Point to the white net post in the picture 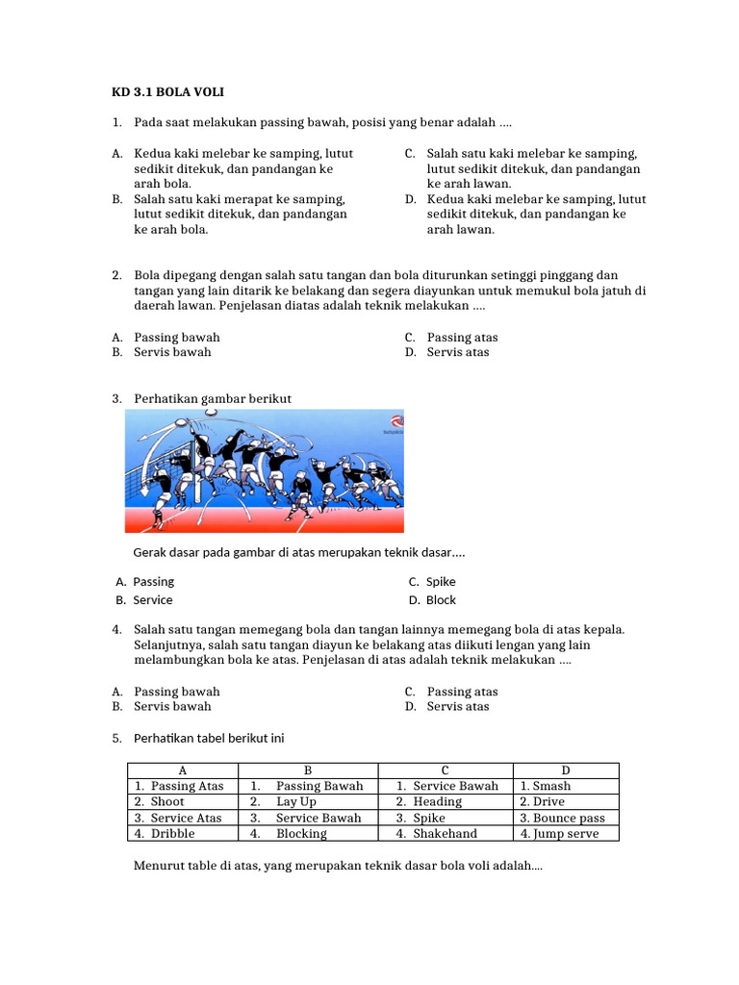click(197, 481)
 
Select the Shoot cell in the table click(168, 801)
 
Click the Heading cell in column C click(438, 801)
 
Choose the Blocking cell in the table click(301, 834)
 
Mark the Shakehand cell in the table click(445, 834)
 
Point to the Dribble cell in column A click(172, 834)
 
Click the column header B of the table click(308, 770)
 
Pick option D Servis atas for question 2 click(458, 352)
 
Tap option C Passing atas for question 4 click(462, 692)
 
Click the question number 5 click(116, 738)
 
